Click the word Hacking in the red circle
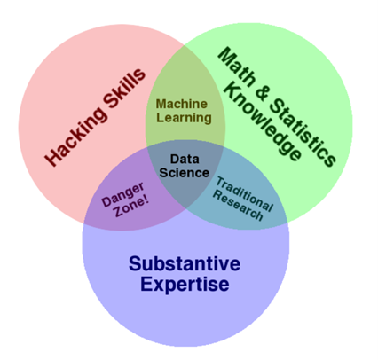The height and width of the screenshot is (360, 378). click(76, 136)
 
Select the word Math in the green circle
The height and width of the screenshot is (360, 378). click(237, 67)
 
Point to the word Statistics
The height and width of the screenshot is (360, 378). click(303, 132)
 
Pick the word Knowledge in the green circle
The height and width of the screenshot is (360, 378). click(263, 121)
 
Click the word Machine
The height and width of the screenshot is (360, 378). click(182, 104)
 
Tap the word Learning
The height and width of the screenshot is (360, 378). click(184, 118)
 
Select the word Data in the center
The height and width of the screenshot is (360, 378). click(185, 160)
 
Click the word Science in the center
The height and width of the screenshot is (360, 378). click(185, 173)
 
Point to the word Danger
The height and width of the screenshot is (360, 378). click(123, 193)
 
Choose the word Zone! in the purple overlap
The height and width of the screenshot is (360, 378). click(131, 207)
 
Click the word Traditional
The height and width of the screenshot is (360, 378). click(244, 193)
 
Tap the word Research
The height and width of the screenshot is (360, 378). click(238, 206)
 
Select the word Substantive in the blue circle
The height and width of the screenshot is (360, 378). click(185, 263)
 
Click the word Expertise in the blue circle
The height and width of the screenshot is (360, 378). click(185, 285)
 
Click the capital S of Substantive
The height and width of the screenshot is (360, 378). click(135, 263)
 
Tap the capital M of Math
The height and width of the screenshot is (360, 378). click(227, 57)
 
